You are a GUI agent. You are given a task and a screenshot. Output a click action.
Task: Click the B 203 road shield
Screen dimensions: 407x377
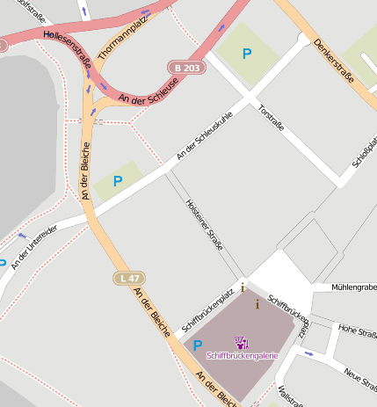coord(186,67)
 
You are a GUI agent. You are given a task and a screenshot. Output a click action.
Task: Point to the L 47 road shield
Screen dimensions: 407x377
coord(128,279)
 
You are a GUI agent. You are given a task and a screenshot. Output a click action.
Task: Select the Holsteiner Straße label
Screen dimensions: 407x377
coord(205,224)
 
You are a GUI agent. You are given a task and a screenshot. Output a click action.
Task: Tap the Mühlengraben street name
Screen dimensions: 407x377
coord(354,287)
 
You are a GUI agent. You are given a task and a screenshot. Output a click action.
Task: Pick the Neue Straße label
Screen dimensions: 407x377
coord(360,377)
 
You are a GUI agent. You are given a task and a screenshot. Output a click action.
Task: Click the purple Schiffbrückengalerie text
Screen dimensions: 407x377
coord(242,356)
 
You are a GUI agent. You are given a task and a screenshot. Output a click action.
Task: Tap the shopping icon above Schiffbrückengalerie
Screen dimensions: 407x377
coord(242,342)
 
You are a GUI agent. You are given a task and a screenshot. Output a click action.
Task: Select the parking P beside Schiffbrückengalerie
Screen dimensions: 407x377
coord(198,346)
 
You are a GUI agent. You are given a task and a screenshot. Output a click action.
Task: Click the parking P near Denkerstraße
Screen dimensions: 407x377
coord(247,54)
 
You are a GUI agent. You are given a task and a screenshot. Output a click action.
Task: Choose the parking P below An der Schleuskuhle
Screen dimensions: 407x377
coord(117,180)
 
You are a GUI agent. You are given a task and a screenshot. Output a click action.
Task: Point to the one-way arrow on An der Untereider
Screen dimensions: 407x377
coord(22,235)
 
